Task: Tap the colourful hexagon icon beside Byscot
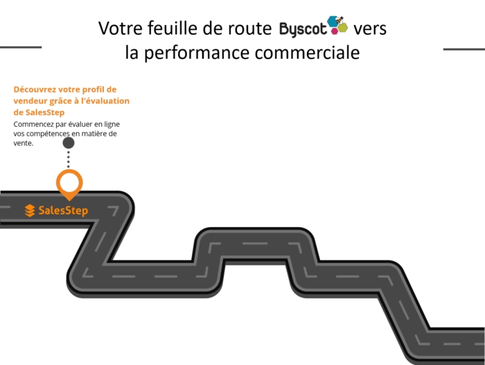338,26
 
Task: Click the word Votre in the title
119,28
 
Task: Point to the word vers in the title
369,29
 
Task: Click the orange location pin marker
69,183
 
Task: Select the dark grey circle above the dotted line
69,143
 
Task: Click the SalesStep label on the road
63,210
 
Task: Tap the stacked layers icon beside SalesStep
30,210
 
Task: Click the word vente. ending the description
24,144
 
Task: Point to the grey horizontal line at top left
21,48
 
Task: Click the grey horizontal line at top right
464,49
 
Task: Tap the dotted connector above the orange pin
69,160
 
